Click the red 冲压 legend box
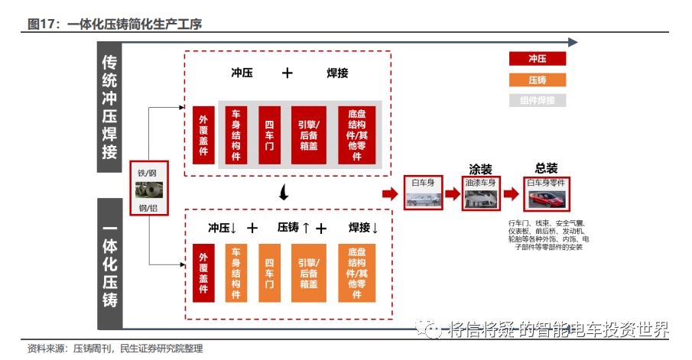click(538, 59)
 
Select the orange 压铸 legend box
click(538, 79)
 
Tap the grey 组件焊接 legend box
click(538, 100)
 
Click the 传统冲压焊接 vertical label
click(110, 107)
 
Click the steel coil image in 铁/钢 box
click(148, 190)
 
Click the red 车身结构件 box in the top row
click(236, 135)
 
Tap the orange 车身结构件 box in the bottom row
click(236, 273)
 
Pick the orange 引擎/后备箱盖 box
click(309, 273)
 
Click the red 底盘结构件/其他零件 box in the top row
click(356, 135)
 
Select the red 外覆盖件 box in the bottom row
click(203, 273)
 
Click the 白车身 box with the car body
click(424, 192)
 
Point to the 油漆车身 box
click(481, 192)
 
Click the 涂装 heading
click(480, 169)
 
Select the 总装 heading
click(547, 168)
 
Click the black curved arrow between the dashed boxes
click(284, 193)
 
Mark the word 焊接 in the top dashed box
click(337, 73)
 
